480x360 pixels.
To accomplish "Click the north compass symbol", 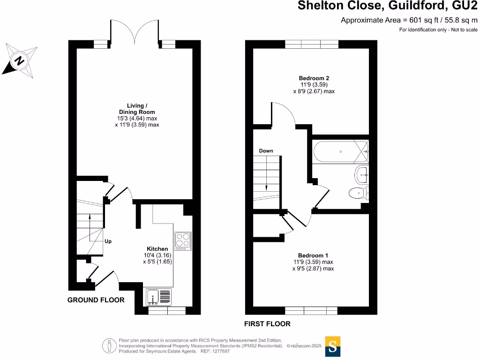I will (x=19, y=60).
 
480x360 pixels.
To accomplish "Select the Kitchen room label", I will (x=157, y=248).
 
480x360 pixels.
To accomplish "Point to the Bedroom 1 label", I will (x=313, y=255).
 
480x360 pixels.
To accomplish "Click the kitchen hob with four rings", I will (x=182, y=240).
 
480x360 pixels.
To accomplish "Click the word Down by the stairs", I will (x=266, y=151).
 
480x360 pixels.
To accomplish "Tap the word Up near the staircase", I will (x=108, y=241).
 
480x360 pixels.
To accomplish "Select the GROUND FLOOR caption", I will (x=96, y=300).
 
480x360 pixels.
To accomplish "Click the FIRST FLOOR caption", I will (x=267, y=324).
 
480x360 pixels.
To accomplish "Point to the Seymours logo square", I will (x=332, y=347).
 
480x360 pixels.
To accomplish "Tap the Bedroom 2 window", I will (x=312, y=44).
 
